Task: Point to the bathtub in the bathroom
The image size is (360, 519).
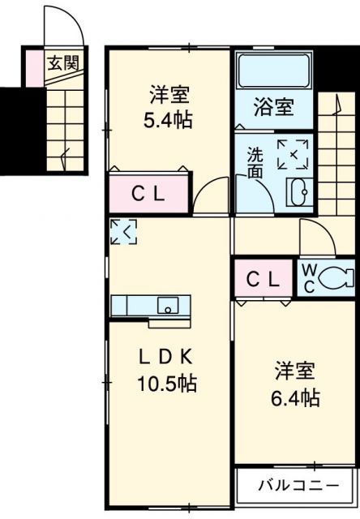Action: (x=272, y=72)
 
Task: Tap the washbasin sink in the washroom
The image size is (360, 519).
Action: (x=296, y=191)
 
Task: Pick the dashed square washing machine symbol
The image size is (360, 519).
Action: (x=292, y=154)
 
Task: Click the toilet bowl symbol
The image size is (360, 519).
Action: (x=335, y=279)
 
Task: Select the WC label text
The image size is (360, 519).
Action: (x=310, y=278)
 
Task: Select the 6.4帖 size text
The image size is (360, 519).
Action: (x=294, y=398)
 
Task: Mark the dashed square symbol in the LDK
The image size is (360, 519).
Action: (x=125, y=232)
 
